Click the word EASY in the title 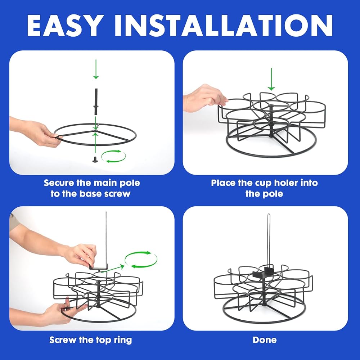pos(65,25)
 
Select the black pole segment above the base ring pos(96,102)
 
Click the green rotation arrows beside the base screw pos(113,156)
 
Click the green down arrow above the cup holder pos(271,79)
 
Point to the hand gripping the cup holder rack pos(204,98)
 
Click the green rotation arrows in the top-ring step pos(141,260)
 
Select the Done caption pos(265,340)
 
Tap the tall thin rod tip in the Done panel pos(269,215)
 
